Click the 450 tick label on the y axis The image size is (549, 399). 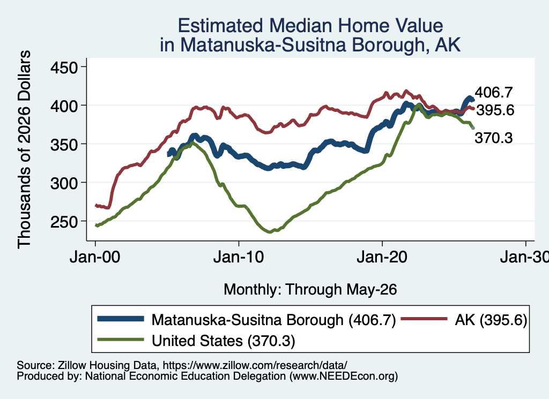click(64, 67)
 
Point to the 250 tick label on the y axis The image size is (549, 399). click(64, 221)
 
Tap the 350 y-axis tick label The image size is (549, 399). click(64, 145)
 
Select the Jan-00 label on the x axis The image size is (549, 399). click(95, 258)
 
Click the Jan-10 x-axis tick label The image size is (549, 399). click(239, 258)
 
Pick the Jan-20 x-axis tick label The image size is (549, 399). click(382, 258)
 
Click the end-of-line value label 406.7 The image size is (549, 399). click(494, 93)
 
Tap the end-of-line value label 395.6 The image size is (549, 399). click(495, 110)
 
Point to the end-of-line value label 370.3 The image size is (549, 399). click(494, 138)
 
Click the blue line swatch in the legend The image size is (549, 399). click(121, 319)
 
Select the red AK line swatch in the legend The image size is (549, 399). click(424, 319)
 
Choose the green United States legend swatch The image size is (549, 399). click(121, 339)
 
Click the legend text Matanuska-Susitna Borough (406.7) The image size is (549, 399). click(273, 320)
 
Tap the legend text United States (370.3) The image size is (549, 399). click(224, 341)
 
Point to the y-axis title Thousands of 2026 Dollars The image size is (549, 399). click(24, 149)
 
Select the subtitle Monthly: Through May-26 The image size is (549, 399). click(310, 290)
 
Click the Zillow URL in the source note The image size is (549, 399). click(255, 365)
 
